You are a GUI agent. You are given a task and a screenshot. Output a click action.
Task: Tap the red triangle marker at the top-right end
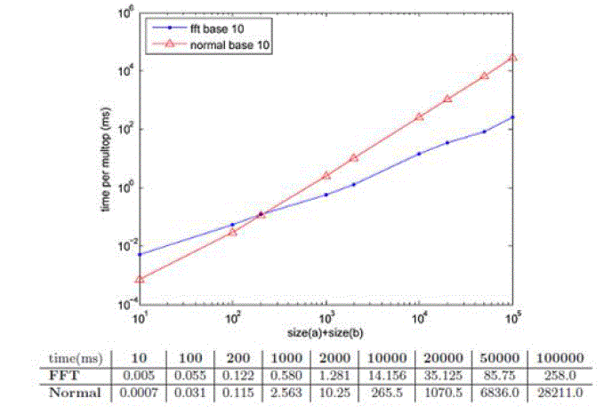tap(513, 58)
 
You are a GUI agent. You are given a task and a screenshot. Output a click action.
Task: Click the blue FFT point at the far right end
tap(513, 117)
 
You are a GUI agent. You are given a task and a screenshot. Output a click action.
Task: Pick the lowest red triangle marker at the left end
tap(140, 279)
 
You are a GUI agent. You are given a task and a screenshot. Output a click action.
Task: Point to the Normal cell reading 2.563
tap(287, 391)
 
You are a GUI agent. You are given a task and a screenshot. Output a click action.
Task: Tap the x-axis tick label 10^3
tap(326, 316)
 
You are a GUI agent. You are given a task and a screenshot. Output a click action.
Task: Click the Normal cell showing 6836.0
tap(497, 391)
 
